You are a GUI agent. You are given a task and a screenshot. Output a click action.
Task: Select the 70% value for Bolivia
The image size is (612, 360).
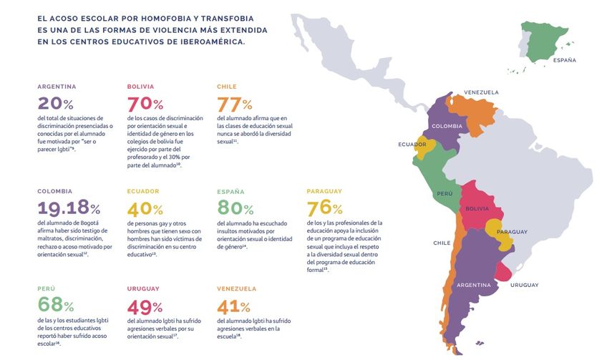(145, 104)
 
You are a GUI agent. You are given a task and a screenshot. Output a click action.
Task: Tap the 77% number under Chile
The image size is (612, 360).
(235, 104)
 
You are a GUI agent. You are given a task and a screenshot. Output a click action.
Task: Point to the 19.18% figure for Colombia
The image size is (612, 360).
(69, 208)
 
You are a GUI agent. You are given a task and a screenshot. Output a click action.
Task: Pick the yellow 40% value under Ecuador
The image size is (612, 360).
(145, 208)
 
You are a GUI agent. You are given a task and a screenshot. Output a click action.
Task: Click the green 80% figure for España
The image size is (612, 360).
(235, 208)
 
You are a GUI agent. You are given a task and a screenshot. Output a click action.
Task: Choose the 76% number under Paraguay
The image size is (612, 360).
(324, 208)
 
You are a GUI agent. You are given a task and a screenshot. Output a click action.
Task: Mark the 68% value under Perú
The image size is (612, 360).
(55, 306)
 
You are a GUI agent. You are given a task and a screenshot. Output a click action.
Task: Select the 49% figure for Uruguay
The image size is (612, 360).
(145, 306)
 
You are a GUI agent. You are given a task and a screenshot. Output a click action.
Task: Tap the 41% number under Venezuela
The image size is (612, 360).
(233, 306)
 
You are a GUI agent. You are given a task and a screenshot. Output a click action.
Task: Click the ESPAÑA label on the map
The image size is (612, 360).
(564, 61)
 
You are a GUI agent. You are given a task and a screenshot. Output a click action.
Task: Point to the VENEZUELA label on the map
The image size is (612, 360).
(481, 92)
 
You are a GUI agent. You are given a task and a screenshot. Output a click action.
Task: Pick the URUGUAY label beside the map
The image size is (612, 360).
(525, 286)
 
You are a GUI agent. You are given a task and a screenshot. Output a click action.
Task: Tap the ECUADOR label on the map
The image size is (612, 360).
(413, 145)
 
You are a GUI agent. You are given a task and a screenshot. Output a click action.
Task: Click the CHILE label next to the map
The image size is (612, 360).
(442, 243)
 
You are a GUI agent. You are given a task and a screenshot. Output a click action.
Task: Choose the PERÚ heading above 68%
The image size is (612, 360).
(46, 288)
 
